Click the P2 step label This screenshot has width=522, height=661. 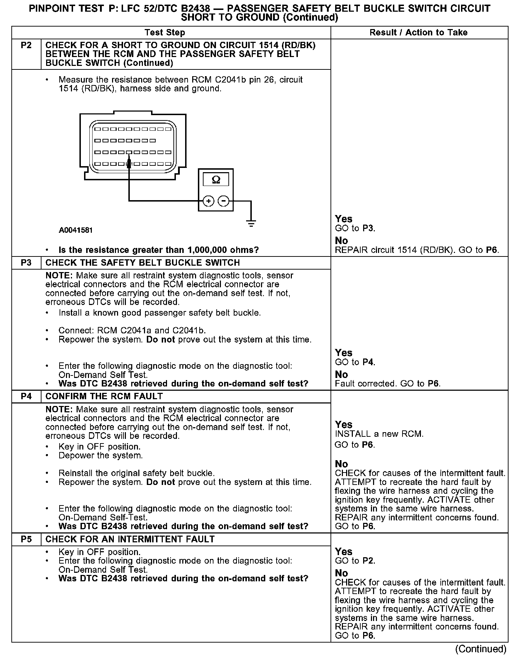point(26,45)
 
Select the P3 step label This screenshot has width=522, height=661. point(26,263)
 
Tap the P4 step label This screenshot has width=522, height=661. point(26,396)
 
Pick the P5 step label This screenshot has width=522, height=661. point(26,539)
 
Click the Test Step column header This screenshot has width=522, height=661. point(165,33)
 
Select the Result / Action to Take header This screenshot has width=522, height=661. point(418,33)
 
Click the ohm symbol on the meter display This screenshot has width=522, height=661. point(216,180)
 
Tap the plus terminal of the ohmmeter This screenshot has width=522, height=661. point(209,201)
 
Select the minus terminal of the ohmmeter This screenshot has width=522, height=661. point(223,201)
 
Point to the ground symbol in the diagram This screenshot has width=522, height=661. point(251,223)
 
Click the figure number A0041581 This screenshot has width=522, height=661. point(76,230)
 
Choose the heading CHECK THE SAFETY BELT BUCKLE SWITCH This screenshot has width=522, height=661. point(143,263)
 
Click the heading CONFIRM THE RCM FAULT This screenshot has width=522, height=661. point(104,396)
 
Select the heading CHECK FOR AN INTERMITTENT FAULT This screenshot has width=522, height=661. point(130,539)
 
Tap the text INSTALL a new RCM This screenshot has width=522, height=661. point(379,434)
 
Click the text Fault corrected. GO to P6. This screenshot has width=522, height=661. point(388,384)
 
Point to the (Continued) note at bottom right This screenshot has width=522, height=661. point(481,649)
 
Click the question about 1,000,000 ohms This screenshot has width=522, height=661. point(159,250)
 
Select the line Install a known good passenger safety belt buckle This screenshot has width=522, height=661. point(160,313)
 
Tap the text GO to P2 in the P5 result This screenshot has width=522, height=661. point(355,561)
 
